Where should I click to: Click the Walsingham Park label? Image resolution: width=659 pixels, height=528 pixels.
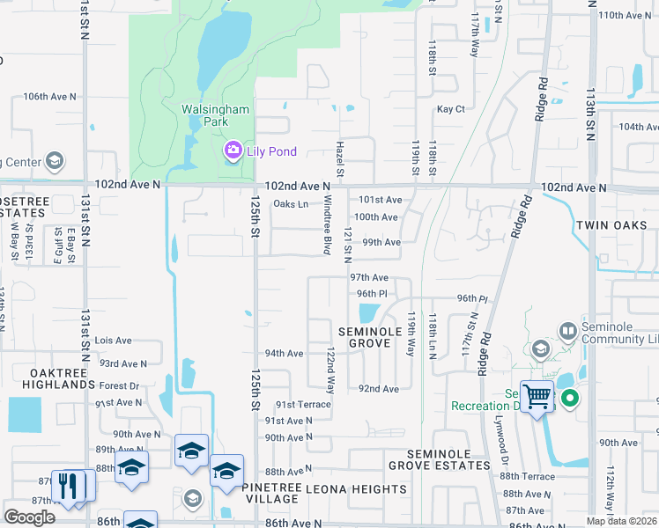click(216, 115)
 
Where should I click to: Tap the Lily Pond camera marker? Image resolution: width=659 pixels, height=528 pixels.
click(233, 151)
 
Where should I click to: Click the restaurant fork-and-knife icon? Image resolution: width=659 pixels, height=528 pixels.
click(69, 485)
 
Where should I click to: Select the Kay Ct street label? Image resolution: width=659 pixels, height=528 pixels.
click(450, 109)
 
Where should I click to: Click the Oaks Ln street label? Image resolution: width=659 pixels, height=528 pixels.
click(291, 204)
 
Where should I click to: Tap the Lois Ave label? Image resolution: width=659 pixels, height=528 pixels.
click(113, 341)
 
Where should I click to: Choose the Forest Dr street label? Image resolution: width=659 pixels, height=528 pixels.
click(119, 385)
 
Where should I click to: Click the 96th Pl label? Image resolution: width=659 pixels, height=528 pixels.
click(372, 294)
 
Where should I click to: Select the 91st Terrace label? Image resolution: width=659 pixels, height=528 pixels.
click(303, 405)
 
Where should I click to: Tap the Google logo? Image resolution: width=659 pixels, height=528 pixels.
click(29, 517)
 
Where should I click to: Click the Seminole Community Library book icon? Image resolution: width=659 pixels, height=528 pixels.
click(568, 331)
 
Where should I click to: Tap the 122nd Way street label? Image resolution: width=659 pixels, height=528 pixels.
click(331, 370)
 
